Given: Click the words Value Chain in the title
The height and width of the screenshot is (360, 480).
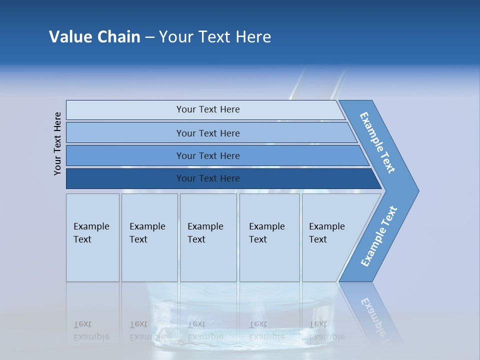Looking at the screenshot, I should tap(94, 37).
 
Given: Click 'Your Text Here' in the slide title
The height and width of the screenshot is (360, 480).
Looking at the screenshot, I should tap(215, 37).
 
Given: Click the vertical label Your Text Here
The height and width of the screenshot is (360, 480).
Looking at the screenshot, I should tap(57, 143).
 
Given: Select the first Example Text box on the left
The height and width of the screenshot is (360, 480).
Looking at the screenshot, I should tap(92, 237).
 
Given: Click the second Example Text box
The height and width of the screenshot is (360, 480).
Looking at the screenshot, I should tap(149, 237).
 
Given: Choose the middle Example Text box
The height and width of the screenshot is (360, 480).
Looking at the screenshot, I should tap(208, 237).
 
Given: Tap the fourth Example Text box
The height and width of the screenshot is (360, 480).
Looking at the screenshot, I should tap(269, 237).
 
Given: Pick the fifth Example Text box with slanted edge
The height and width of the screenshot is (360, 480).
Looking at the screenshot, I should tap(327, 237).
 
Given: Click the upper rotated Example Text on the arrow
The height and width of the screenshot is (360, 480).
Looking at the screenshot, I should tap(377, 142).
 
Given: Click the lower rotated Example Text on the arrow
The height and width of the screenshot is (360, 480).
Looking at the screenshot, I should tap(378, 236).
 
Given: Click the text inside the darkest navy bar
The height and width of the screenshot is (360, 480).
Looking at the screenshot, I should tap(208, 178).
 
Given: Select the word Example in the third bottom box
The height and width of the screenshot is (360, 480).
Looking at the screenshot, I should tap(205, 226).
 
